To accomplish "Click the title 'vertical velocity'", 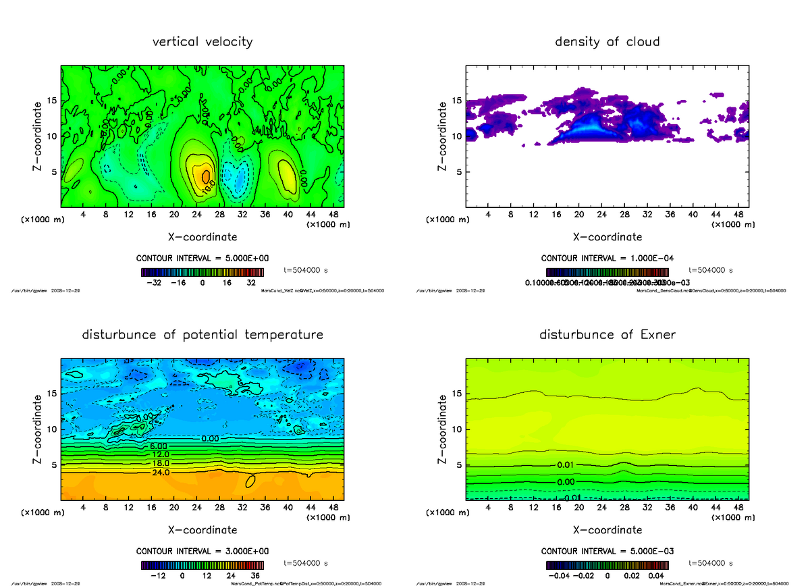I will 202,42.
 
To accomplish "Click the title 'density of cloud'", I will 607,42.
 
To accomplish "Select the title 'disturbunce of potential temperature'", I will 202,335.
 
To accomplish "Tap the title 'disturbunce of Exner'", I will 607,335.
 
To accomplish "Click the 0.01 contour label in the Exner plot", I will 566,464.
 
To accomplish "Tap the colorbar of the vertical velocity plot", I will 202,273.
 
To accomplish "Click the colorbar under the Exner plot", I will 607,566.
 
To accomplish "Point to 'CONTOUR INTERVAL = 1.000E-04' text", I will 607,258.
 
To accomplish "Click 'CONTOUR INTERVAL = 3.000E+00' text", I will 202,551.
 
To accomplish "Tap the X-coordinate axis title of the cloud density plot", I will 607,237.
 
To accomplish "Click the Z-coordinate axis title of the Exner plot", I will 443,429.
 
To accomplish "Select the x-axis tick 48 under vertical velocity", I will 333,214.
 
